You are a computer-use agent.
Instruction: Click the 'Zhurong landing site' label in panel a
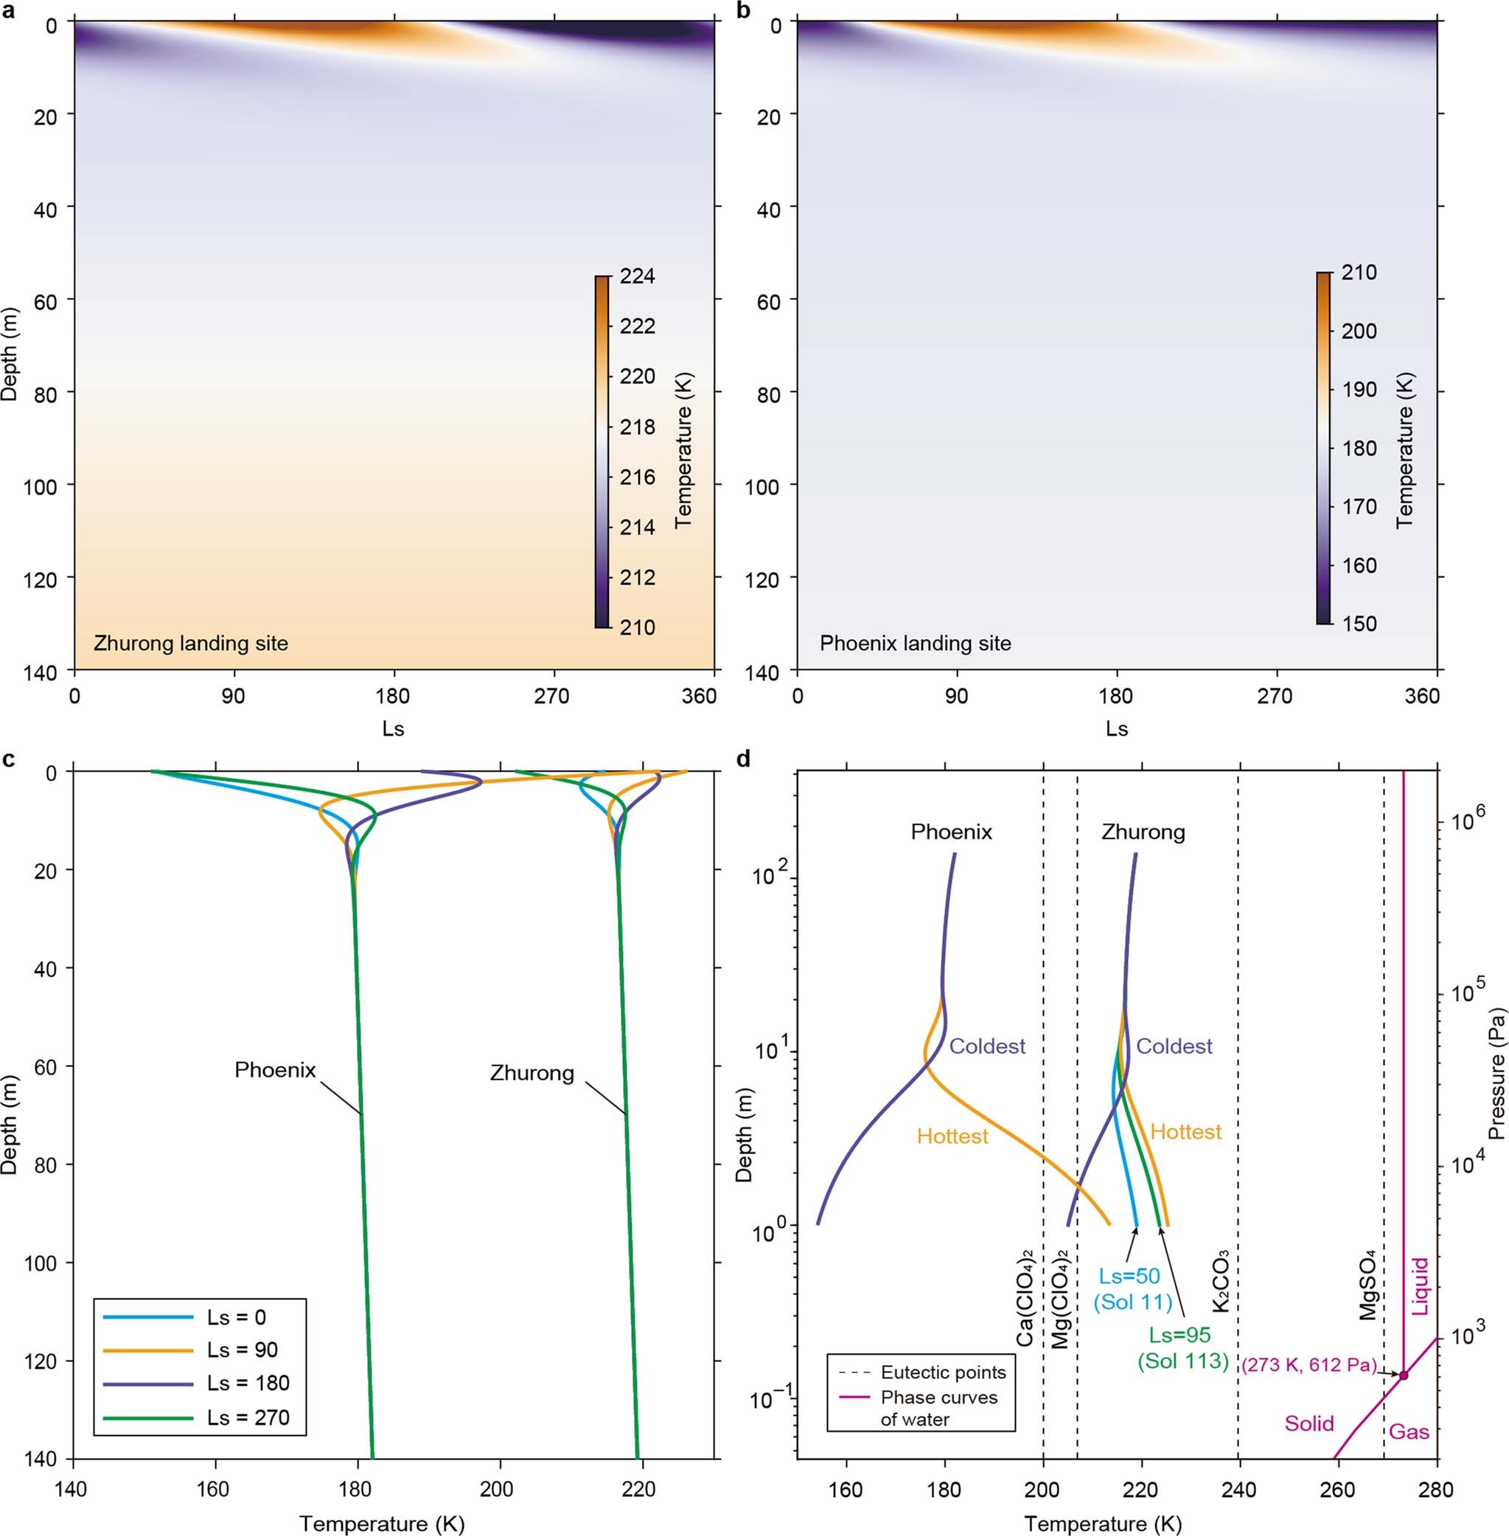[190, 643]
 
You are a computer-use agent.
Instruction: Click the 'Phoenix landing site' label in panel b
[916, 643]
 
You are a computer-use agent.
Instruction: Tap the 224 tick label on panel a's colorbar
[637, 276]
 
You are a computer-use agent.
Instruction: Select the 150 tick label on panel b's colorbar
[1359, 624]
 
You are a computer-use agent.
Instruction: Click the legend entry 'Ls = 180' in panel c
[248, 1383]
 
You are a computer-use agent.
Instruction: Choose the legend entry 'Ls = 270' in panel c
[248, 1417]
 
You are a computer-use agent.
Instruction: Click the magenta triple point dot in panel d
[1404, 1375]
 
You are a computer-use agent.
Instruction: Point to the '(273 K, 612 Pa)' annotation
[1308, 1365]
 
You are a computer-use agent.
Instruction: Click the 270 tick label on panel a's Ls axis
[551, 696]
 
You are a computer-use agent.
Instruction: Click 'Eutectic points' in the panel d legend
[943, 1372]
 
